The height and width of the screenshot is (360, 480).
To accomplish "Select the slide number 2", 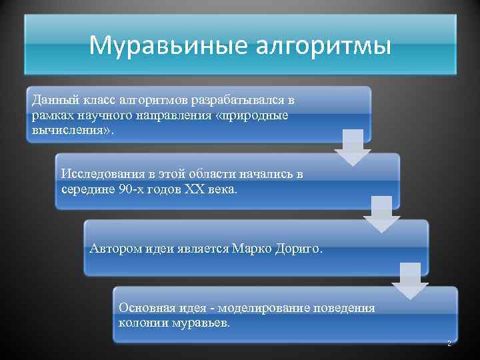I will coord(449,343).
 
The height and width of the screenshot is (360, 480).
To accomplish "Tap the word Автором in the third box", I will coord(115,249).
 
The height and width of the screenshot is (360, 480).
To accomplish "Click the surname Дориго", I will coord(298,249).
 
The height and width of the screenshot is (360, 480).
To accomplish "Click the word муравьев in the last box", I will coord(201,323).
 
